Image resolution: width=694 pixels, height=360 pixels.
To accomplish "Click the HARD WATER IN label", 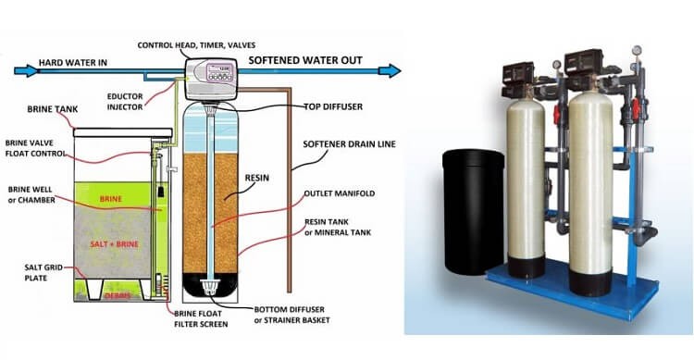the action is tap(72, 63).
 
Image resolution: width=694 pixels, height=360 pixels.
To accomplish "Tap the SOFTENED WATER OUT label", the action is tap(305, 61).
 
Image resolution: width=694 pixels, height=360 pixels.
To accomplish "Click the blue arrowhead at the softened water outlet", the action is tap(390, 70).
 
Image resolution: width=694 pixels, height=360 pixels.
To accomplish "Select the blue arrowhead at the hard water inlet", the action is tap(27, 70).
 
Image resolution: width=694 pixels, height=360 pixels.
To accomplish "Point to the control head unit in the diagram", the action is tap(210, 79).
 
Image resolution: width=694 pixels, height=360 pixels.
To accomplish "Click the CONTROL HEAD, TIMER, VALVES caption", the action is tap(196, 45).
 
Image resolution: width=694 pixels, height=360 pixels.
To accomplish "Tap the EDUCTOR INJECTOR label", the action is tap(125, 102).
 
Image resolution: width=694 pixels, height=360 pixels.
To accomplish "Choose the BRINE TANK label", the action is tap(52, 109).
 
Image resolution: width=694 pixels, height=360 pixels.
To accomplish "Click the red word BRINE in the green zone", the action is tap(111, 199).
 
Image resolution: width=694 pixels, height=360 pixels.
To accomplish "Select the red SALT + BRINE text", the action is tap(114, 244).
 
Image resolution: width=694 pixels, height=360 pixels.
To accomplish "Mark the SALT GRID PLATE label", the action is tap(43, 273).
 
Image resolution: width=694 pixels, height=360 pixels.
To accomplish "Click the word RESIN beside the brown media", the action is tap(256, 178).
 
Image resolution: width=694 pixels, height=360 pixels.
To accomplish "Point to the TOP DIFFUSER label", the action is tap(333, 106).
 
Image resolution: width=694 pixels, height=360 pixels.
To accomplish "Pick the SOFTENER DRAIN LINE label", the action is tap(349, 144).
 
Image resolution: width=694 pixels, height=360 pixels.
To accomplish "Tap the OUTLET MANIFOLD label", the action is tap(340, 193).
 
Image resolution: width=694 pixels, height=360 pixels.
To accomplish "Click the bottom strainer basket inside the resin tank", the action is tap(210, 288).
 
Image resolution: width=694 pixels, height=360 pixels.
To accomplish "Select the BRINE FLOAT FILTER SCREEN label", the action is tap(201, 319).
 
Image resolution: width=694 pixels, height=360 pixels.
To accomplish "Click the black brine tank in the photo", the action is tap(474, 212).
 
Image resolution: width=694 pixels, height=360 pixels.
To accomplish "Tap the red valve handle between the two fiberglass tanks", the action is tap(557, 114).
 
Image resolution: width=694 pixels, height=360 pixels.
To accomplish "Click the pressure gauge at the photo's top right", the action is tap(637, 50).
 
